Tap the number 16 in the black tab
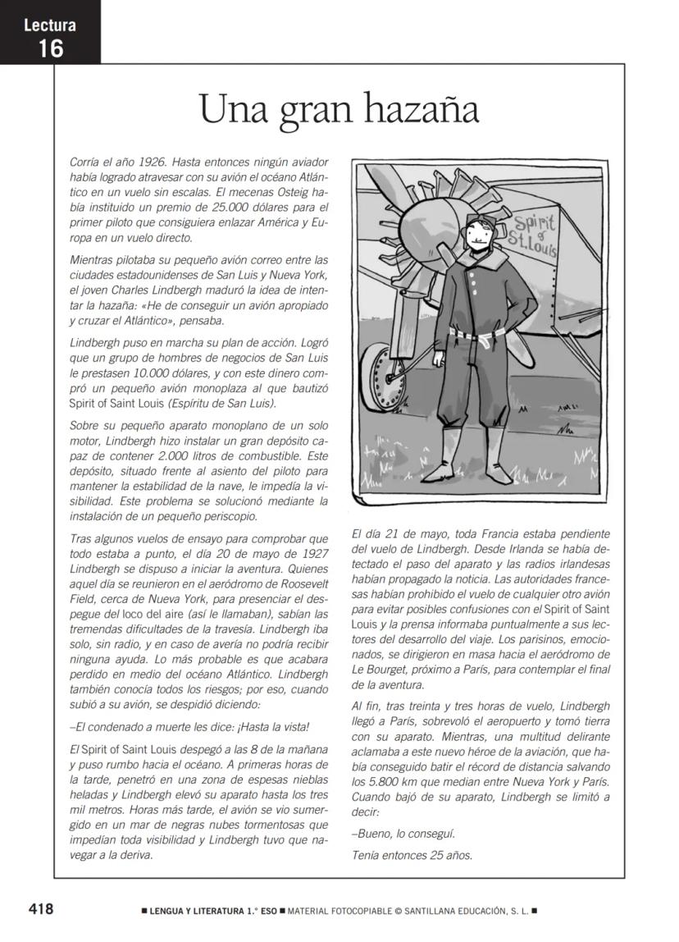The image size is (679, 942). pyautogui.click(x=50, y=48)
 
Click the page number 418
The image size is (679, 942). pyautogui.click(x=41, y=909)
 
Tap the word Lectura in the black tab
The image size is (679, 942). pyautogui.click(x=50, y=25)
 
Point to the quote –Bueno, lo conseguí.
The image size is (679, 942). pyautogui.click(x=403, y=834)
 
